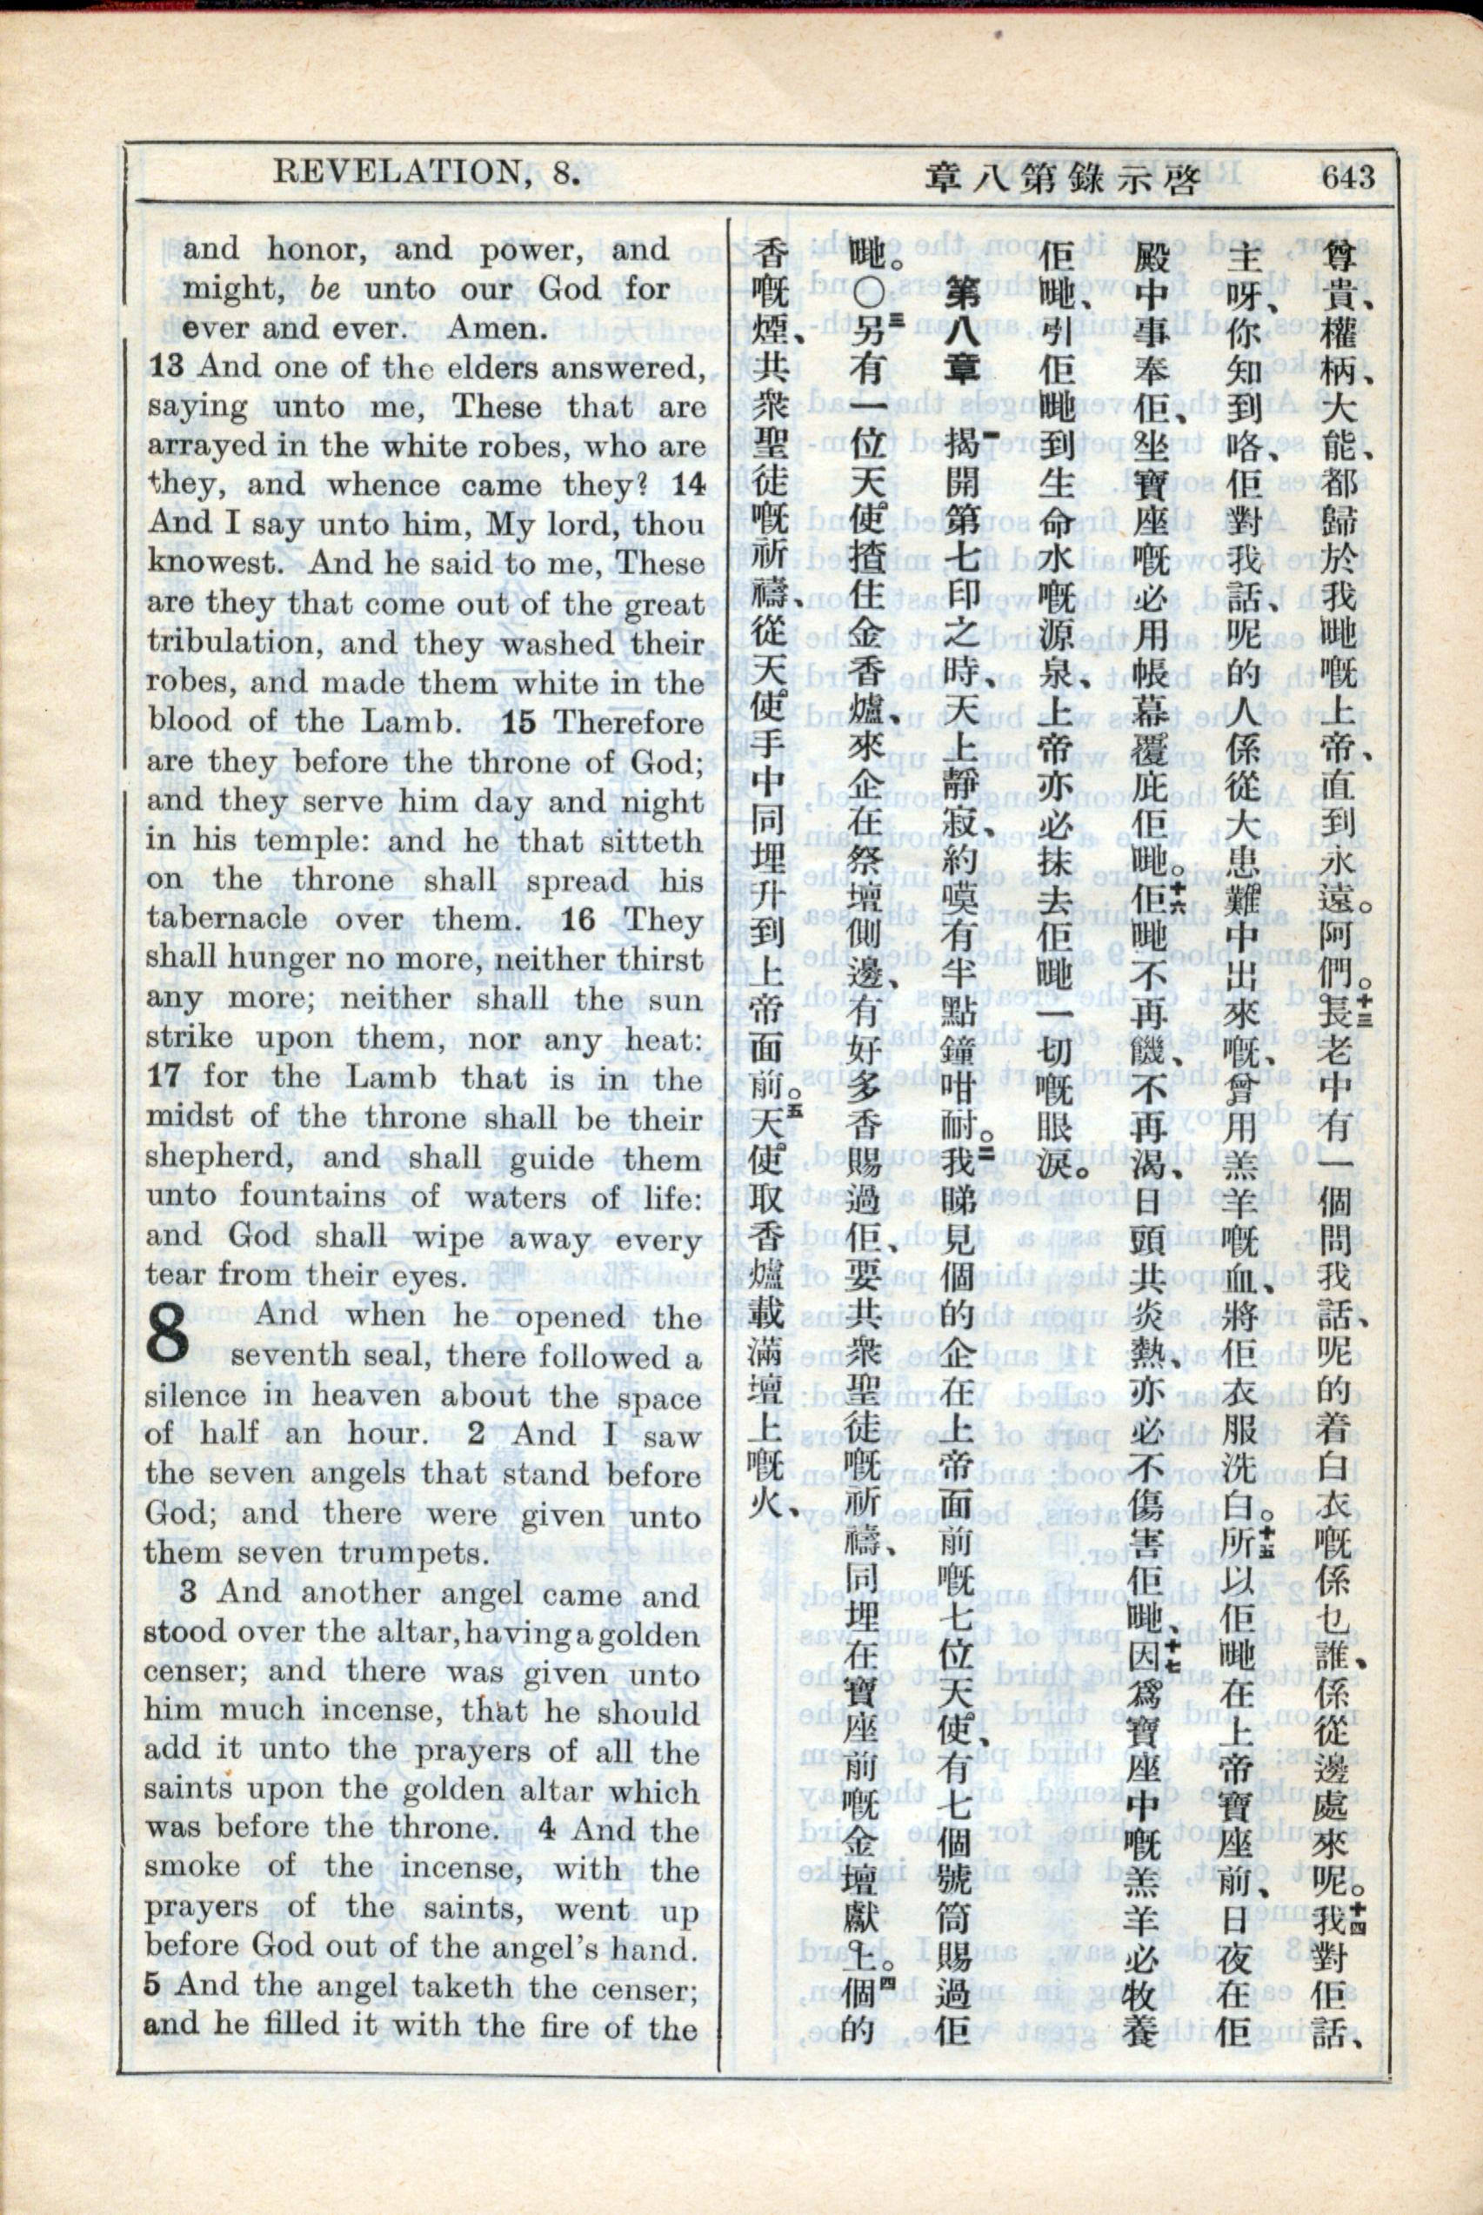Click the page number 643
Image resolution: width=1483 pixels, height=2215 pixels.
click(1348, 177)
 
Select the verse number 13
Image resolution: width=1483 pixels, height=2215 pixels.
click(166, 367)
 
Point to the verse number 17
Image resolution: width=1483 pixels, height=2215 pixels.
click(166, 1077)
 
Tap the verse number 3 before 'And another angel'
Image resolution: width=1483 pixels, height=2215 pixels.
click(189, 1592)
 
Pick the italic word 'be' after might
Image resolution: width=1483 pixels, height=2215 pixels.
click(324, 290)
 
